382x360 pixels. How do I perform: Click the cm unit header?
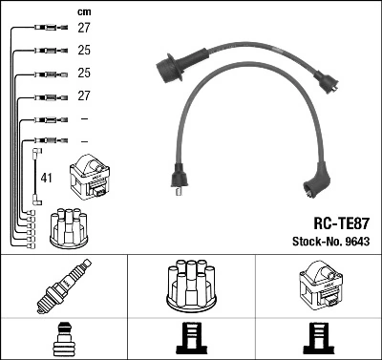click(x=83, y=11)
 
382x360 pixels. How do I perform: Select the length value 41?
click(x=47, y=177)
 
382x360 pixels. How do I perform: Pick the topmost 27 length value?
click(x=84, y=29)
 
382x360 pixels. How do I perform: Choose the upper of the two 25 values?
click(x=84, y=52)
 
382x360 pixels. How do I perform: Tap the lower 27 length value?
click(x=84, y=96)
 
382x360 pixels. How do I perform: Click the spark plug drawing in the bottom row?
click(x=63, y=286)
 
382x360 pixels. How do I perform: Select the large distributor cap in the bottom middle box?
click(x=191, y=285)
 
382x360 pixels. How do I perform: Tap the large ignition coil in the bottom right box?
click(x=318, y=286)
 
